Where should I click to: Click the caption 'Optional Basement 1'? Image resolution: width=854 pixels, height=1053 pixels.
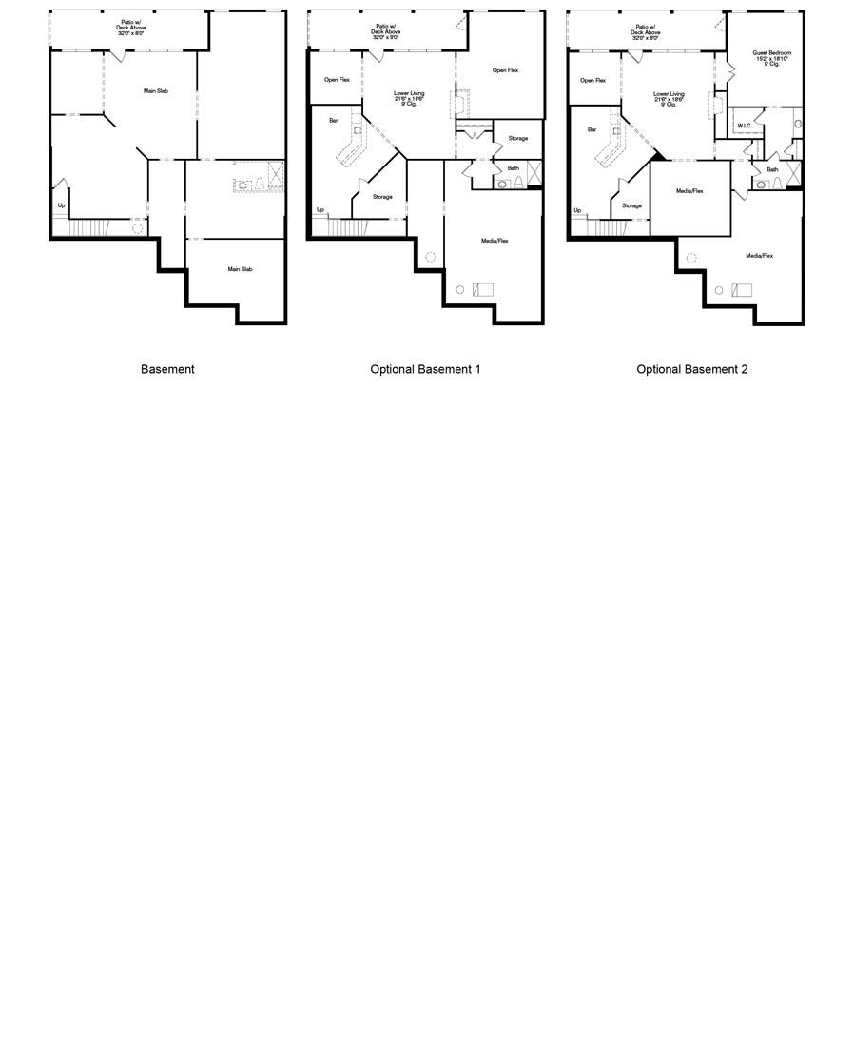(425, 369)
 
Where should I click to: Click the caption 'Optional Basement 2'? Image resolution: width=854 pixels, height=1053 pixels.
(692, 369)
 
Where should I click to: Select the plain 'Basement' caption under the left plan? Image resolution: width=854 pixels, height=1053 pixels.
(167, 369)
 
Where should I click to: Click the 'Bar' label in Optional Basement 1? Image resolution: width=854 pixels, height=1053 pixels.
(333, 121)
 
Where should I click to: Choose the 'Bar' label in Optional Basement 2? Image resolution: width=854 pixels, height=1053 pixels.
(592, 129)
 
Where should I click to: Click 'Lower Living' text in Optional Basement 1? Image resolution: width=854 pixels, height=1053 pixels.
(409, 94)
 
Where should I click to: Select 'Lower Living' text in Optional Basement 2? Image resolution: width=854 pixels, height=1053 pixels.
(669, 95)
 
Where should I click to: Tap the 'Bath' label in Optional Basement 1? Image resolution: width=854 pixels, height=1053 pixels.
(513, 168)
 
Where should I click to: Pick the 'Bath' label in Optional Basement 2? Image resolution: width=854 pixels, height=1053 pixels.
(772, 169)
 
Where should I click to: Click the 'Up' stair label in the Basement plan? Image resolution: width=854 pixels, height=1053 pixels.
(62, 205)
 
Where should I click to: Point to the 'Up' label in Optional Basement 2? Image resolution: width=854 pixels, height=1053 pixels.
(577, 210)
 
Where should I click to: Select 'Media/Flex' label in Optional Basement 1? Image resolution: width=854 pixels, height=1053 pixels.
(495, 241)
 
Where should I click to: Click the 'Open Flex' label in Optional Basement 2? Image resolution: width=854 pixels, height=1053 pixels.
(593, 80)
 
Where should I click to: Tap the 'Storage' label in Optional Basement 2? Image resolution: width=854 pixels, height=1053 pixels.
(632, 205)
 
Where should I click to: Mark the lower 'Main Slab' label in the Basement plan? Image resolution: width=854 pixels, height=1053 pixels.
(240, 269)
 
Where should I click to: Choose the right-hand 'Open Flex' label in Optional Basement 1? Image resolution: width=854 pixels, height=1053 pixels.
(505, 70)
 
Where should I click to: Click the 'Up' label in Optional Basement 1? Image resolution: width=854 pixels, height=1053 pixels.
(320, 209)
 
